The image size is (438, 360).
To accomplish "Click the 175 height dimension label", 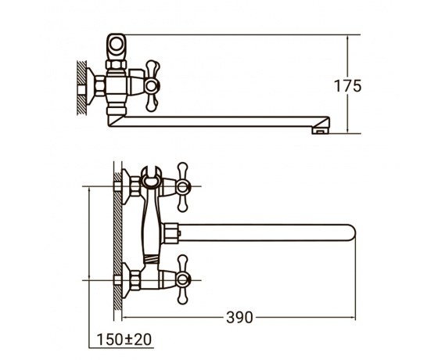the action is coord(348,86).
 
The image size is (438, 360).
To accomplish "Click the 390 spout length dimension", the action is coord(239,317).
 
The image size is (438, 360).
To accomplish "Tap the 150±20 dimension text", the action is coord(124,340).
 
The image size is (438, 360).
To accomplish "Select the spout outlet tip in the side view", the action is coord(321,131).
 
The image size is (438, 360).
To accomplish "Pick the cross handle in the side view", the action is coord(153,86).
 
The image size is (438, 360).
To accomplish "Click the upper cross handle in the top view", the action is coord(183,187).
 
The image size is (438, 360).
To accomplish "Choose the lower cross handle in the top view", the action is coord(183,279).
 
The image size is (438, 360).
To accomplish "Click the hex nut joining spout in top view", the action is coord(170,232).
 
